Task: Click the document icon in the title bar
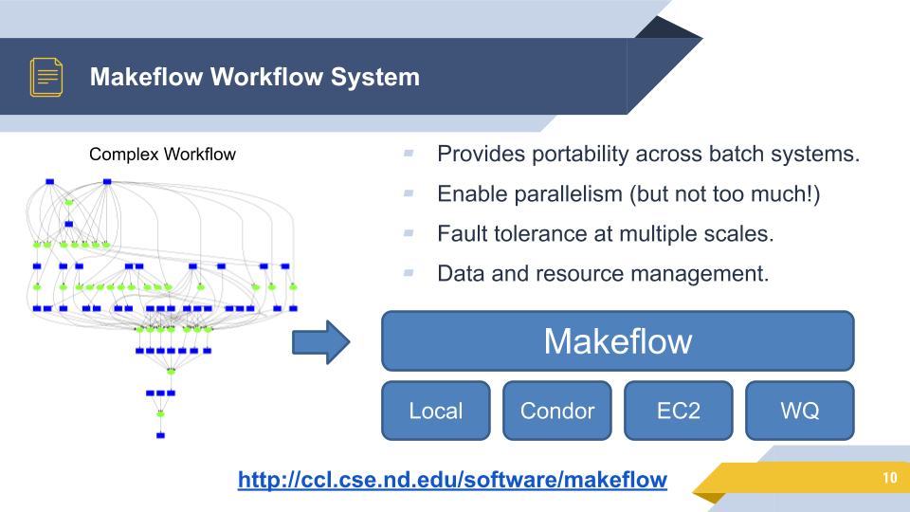pyautogui.click(x=46, y=77)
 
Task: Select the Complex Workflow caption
pyautogui.click(x=162, y=154)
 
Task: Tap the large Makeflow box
pyautogui.click(x=617, y=340)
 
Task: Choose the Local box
pyautogui.click(x=435, y=411)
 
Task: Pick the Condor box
pyautogui.click(x=556, y=411)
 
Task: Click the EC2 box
pyautogui.click(x=678, y=411)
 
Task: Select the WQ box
pyautogui.click(x=799, y=411)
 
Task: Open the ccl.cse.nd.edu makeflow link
pyautogui.click(x=452, y=480)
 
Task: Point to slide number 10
pyautogui.click(x=888, y=478)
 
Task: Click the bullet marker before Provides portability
pyautogui.click(x=409, y=153)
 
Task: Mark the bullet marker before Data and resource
pyautogui.click(x=409, y=272)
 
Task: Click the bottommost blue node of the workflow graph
pyautogui.click(x=160, y=435)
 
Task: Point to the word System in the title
pyautogui.click(x=374, y=77)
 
